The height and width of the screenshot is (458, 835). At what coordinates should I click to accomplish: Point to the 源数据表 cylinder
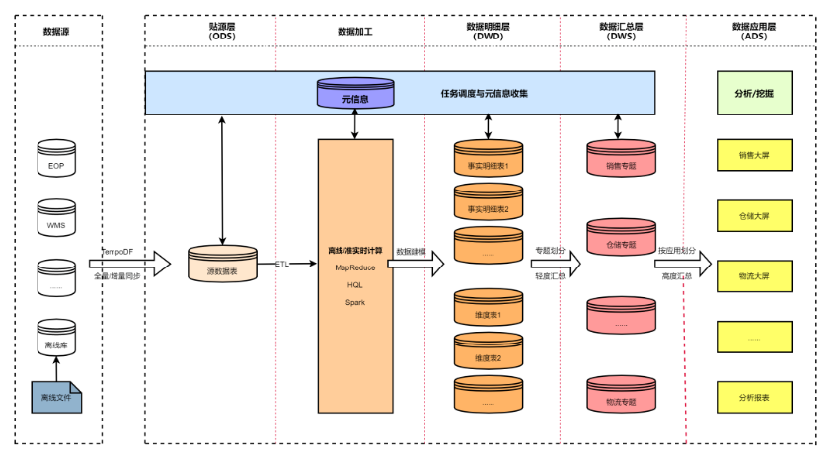coord(222,265)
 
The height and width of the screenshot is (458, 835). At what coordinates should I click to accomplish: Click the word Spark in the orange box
coord(354,302)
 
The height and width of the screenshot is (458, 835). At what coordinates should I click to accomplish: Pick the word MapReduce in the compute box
coord(354,267)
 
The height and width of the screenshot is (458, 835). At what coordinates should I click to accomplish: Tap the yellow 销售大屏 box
coord(754,155)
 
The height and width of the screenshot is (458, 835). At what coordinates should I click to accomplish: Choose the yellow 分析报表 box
coord(754,397)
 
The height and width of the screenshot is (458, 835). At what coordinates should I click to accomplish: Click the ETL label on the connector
coord(282,265)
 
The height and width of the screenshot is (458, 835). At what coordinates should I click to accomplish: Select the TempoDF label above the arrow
coord(116,252)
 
